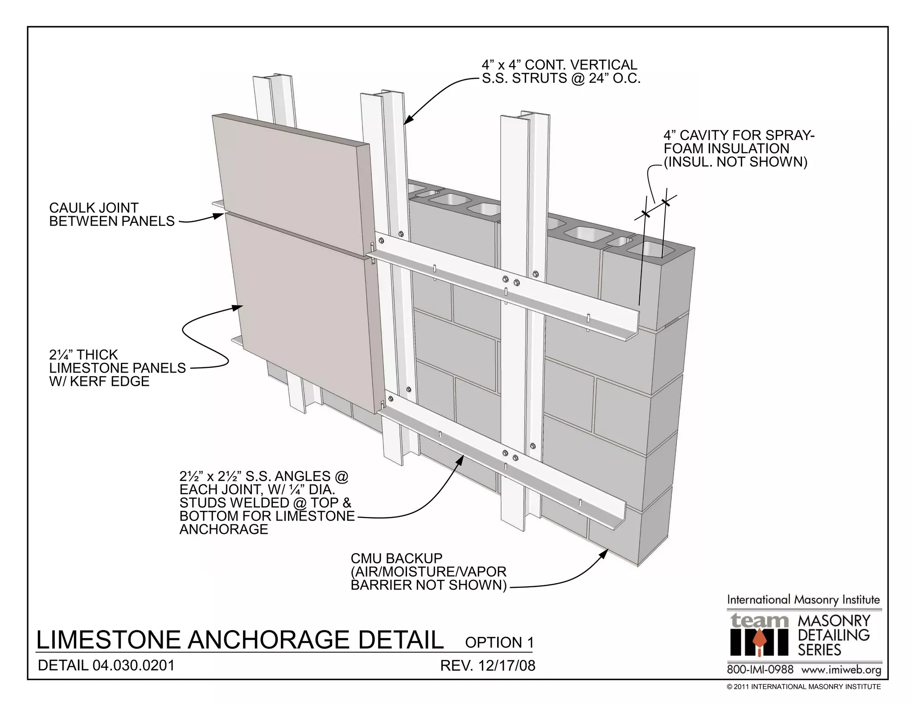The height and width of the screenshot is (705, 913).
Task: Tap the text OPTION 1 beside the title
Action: click(x=499, y=642)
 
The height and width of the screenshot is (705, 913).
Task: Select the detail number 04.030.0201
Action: click(x=133, y=665)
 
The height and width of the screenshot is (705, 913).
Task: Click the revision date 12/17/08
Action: click(x=506, y=666)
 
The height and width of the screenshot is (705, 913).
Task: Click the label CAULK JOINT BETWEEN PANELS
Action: click(x=111, y=214)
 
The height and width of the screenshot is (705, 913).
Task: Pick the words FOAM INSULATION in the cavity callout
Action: click(x=726, y=148)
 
